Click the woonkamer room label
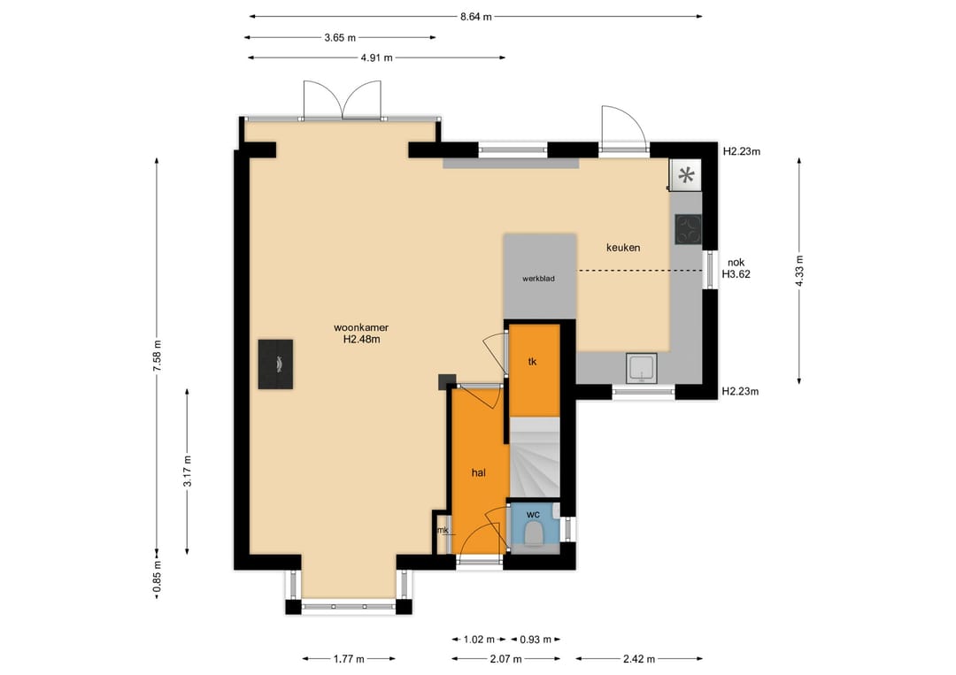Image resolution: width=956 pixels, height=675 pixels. (x=361, y=327)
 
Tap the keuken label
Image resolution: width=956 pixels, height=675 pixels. (x=623, y=248)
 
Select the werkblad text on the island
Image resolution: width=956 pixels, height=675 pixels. (x=538, y=279)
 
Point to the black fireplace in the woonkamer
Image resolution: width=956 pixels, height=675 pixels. (x=275, y=364)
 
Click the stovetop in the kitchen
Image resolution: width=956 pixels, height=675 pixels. (x=688, y=230)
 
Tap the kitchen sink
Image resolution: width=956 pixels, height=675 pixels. (x=642, y=368)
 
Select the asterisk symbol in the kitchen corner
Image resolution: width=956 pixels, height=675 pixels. (x=687, y=175)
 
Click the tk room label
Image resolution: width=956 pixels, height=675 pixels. (x=532, y=362)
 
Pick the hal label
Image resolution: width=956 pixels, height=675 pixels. (x=479, y=472)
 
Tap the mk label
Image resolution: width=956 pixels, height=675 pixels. (x=443, y=530)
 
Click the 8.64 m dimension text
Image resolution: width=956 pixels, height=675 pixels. (x=475, y=17)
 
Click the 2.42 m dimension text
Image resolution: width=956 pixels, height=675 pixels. (x=639, y=658)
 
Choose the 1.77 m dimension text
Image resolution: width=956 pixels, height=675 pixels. (x=349, y=658)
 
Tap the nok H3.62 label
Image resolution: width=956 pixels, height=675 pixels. (x=736, y=269)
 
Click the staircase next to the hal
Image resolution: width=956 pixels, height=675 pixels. (x=535, y=457)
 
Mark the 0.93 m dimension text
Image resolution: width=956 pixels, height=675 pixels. (x=536, y=640)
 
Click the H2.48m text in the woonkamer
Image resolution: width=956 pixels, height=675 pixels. (x=361, y=340)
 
